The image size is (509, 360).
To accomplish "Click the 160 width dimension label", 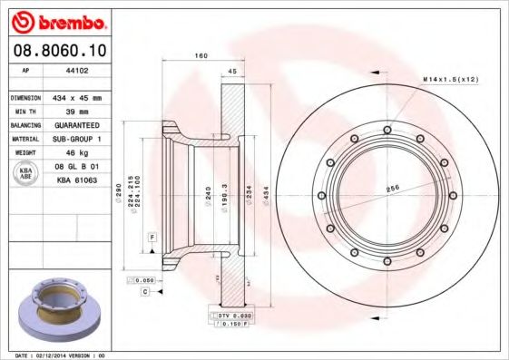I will tap(201, 56).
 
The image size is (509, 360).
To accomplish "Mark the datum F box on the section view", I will tap(152, 236).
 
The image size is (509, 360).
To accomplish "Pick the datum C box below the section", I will tap(144, 292).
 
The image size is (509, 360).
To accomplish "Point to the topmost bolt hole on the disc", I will tap(387, 130).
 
